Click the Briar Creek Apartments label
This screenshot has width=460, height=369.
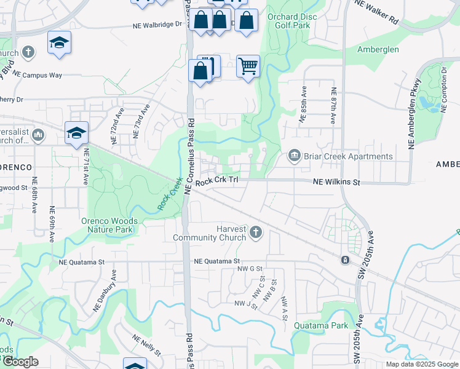coord(348,156)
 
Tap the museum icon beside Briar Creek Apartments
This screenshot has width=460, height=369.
coord(295,156)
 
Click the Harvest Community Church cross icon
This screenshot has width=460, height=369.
coord(256,233)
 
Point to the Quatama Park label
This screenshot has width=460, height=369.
coord(321,325)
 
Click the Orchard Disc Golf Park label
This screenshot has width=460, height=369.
coord(292,20)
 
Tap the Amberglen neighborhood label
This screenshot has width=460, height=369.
coord(378,49)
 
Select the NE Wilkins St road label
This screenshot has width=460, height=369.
coord(336,183)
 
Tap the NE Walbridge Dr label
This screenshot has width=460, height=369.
coord(159,25)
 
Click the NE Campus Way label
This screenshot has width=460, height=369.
coord(38,75)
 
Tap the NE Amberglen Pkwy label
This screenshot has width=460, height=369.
coord(414,113)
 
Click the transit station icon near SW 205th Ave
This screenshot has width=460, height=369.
coord(345,260)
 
